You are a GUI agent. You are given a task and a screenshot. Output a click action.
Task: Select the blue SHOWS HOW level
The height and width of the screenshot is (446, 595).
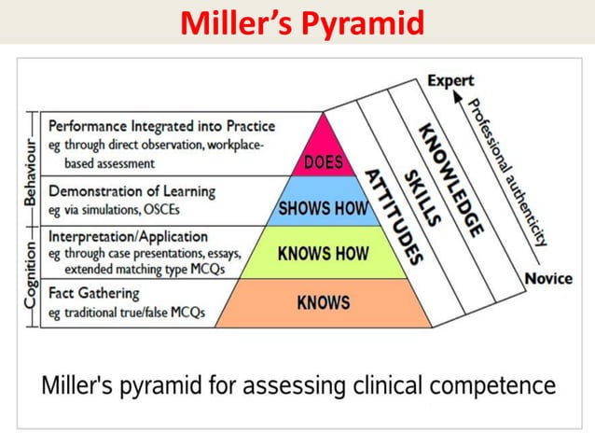[324, 208]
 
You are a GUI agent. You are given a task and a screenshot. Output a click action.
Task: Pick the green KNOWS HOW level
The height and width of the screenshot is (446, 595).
[324, 253]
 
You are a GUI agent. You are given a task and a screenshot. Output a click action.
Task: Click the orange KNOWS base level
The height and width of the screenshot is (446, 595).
[324, 302]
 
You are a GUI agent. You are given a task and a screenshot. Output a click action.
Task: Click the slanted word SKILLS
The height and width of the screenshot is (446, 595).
[422, 197]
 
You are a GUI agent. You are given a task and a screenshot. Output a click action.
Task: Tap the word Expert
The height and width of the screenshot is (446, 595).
[450, 81]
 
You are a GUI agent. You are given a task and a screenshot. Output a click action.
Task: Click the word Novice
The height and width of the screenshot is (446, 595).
[549, 278]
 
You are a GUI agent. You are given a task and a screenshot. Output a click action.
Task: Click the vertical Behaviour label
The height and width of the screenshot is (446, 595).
[30, 173]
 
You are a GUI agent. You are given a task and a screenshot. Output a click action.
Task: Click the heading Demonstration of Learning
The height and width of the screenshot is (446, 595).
[131, 190]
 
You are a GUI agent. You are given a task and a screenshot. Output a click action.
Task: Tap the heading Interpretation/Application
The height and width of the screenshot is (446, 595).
[128, 236]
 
